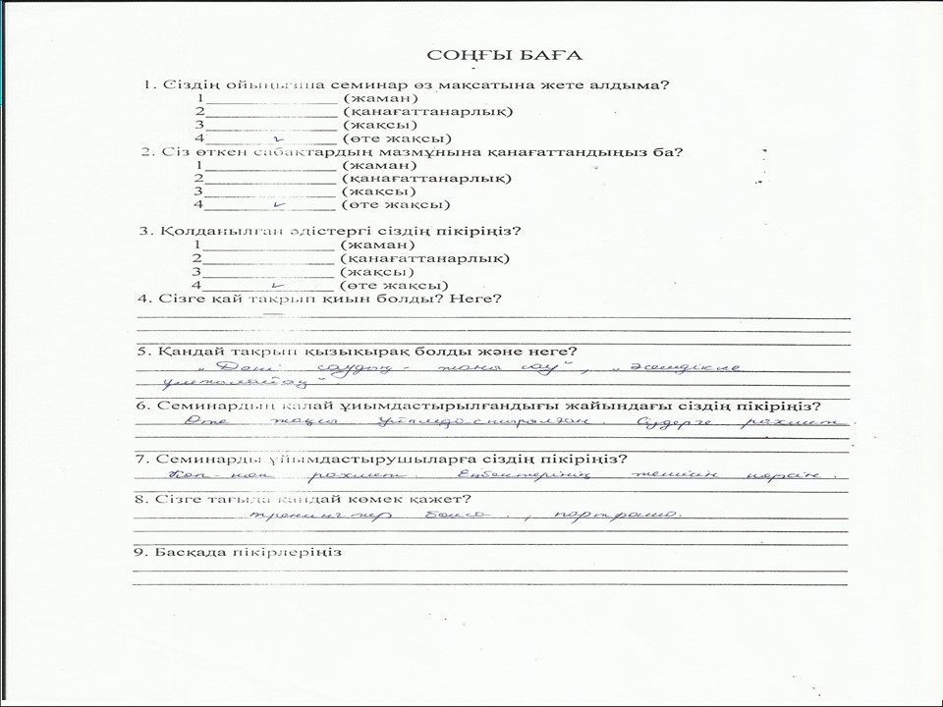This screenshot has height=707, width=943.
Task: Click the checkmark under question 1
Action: pos(279,140)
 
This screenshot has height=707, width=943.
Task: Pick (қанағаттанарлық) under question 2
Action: pos(425,179)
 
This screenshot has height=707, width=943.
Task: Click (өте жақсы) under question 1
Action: pos(396,139)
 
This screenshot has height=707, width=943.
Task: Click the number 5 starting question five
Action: pos(141,352)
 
